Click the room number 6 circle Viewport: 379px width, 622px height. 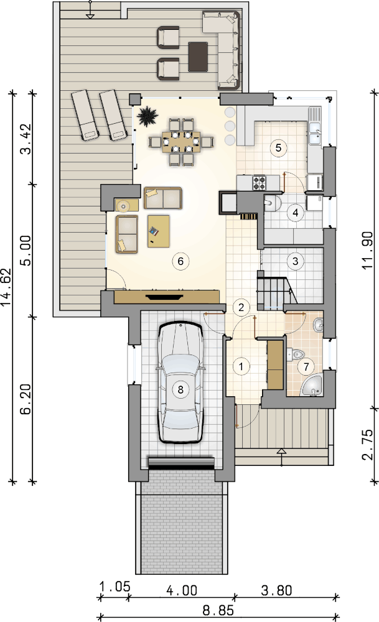tap(180, 261)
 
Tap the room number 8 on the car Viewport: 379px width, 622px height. tap(180, 389)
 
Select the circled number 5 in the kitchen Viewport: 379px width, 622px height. tap(278, 148)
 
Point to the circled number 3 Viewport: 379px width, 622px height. tap(295, 261)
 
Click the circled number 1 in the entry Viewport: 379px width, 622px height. tap(241, 366)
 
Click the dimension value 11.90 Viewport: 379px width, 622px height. tap(368, 250)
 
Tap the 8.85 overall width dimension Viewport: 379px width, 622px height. tap(218, 610)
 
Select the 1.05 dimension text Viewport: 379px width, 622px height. tap(115, 587)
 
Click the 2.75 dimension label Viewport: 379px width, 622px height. tap(368, 444)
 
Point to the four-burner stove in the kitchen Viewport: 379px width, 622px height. tap(260, 182)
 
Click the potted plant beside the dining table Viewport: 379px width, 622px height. tap(147, 116)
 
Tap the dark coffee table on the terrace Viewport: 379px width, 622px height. tap(199, 57)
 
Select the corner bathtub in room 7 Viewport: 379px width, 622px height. tap(313, 385)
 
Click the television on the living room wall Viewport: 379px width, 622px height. tap(165, 296)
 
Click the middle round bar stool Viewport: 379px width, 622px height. tap(230, 126)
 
